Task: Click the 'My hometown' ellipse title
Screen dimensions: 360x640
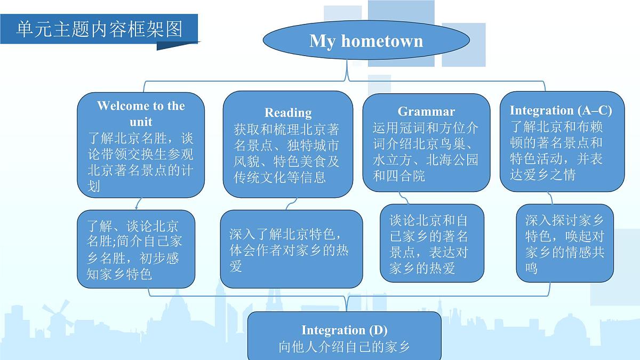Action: coord(366,41)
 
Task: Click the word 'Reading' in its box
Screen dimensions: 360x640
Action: coord(288,113)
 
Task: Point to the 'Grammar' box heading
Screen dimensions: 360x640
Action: coord(426,111)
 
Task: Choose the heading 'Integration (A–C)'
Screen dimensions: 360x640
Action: coord(561,110)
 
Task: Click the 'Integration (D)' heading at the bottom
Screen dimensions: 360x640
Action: coord(345,330)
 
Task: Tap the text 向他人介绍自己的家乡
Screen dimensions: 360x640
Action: coord(345,347)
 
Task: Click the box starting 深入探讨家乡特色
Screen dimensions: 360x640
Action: coord(564,243)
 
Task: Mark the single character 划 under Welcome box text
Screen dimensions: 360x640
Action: coord(94,186)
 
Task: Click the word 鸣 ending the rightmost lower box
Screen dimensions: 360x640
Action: coord(531,268)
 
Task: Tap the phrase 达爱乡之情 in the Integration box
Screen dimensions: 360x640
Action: coord(543,174)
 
